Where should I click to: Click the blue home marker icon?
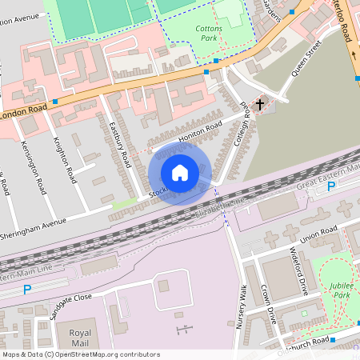click(180, 173)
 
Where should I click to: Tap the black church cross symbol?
click(260, 104)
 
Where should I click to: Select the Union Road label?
click(318, 234)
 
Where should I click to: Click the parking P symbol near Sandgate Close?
click(27, 290)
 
